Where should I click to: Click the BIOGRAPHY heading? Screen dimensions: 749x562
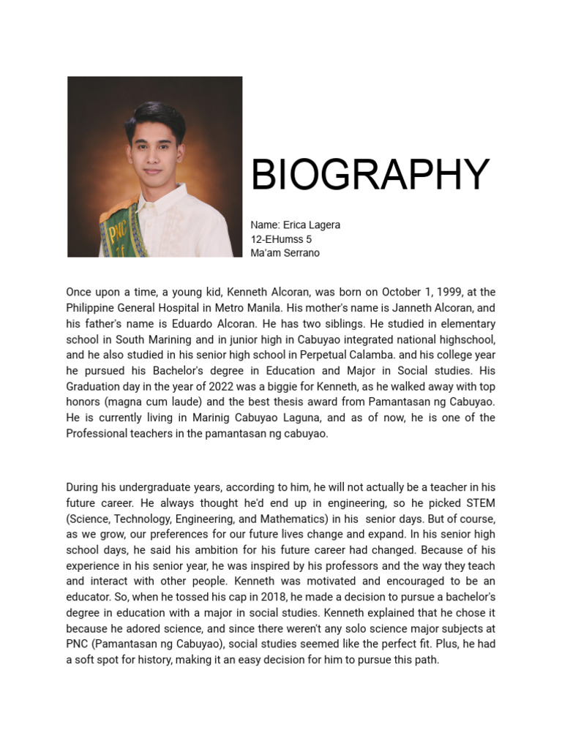370,176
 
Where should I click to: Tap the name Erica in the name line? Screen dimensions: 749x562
294,225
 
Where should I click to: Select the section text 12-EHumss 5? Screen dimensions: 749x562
281,239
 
